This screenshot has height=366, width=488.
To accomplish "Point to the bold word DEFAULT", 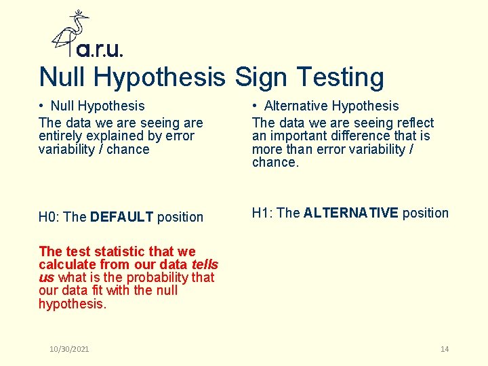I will [x=122, y=217].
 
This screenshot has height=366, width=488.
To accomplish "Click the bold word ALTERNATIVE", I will [x=351, y=213].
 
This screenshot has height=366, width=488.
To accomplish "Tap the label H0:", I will [x=49, y=217].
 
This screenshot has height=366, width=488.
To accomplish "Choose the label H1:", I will [x=263, y=213].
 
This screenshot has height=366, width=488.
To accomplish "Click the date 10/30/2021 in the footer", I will [x=69, y=349].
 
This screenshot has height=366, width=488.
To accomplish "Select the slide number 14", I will [x=445, y=349].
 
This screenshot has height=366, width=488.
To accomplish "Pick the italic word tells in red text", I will [x=204, y=264].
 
